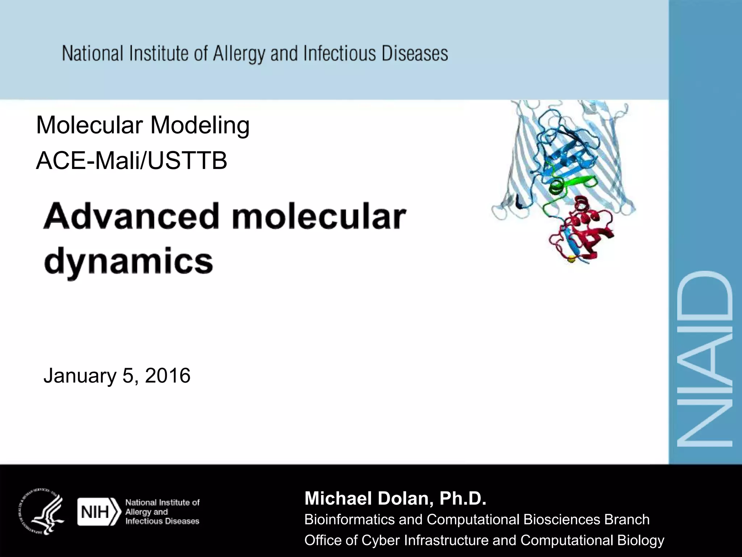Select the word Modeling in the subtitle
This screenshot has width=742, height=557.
(200, 125)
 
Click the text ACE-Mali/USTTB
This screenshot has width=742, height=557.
(132, 161)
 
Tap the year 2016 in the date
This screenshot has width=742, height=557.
(167, 375)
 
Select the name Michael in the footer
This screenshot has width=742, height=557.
(338, 498)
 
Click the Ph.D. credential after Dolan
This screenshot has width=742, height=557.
(463, 498)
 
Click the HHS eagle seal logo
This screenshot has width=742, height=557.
(41, 511)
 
